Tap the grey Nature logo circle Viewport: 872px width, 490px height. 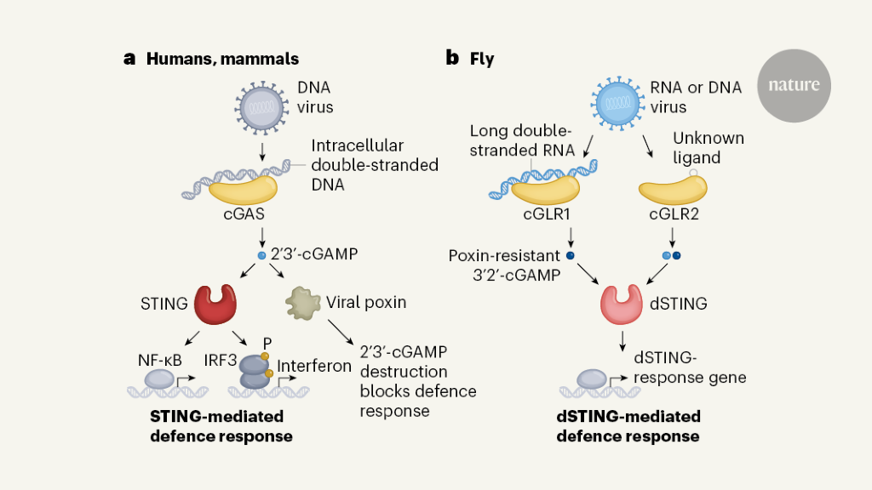coord(793,85)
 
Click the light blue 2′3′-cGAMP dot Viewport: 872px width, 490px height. coord(261,255)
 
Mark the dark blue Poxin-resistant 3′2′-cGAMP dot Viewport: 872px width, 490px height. coord(570,254)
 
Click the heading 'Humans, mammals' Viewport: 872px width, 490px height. coord(222,59)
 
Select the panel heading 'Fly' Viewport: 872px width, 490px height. coord(482,59)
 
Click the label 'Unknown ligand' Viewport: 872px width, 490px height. coord(708,147)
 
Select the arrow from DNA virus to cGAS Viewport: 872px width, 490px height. coord(262,151)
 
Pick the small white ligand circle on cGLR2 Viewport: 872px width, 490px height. coord(694,174)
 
